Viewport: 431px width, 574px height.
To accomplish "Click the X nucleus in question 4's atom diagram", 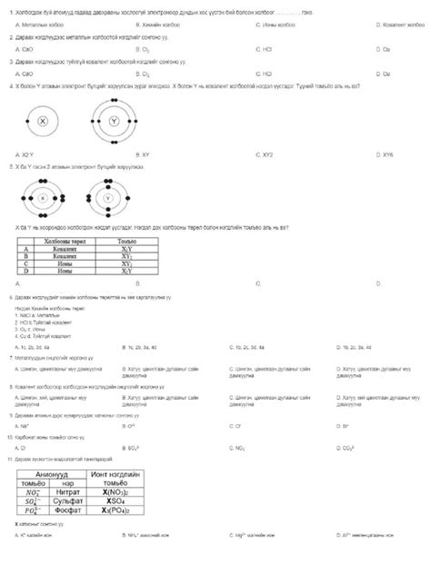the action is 42,121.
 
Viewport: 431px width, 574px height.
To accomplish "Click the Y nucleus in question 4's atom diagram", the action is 114,121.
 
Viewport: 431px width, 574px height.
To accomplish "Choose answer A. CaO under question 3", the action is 25,74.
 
